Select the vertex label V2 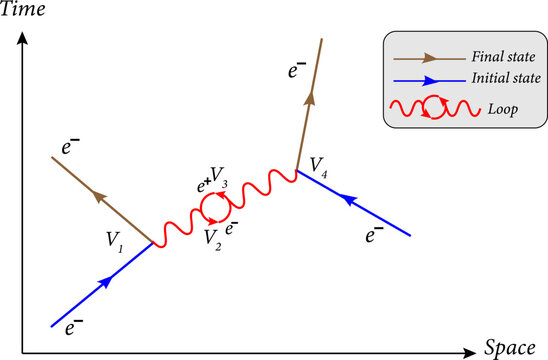[x=212, y=237]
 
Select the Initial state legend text [x=497, y=81]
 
